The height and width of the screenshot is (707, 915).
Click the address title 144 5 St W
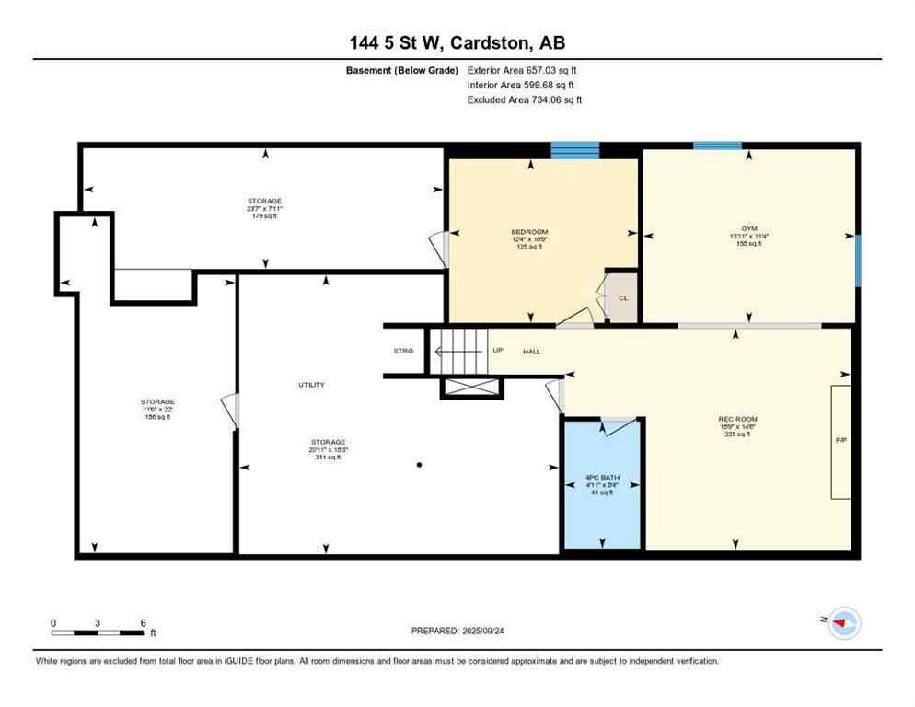(457, 43)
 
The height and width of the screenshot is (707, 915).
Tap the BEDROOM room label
(529, 231)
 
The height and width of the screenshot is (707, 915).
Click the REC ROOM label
(737, 420)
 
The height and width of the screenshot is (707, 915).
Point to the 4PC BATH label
(602, 477)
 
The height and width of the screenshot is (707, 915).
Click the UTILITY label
(310, 385)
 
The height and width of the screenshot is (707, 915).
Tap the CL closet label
(623, 298)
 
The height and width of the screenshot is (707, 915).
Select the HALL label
(532, 352)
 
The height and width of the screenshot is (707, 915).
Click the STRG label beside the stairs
(403, 352)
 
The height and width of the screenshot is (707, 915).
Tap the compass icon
(843, 623)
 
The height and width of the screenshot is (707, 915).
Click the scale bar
(98, 632)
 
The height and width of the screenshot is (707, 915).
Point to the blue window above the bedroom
(575, 150)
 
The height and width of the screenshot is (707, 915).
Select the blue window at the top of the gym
(717, 145)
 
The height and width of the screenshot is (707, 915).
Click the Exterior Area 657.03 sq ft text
(522, 70)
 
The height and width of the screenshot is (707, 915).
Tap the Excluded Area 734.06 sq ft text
(524, 99)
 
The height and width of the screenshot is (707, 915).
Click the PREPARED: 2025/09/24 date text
(457, 631)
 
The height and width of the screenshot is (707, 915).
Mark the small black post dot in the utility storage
(419, 465)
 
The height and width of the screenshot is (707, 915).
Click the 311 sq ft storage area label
(329, 458)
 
